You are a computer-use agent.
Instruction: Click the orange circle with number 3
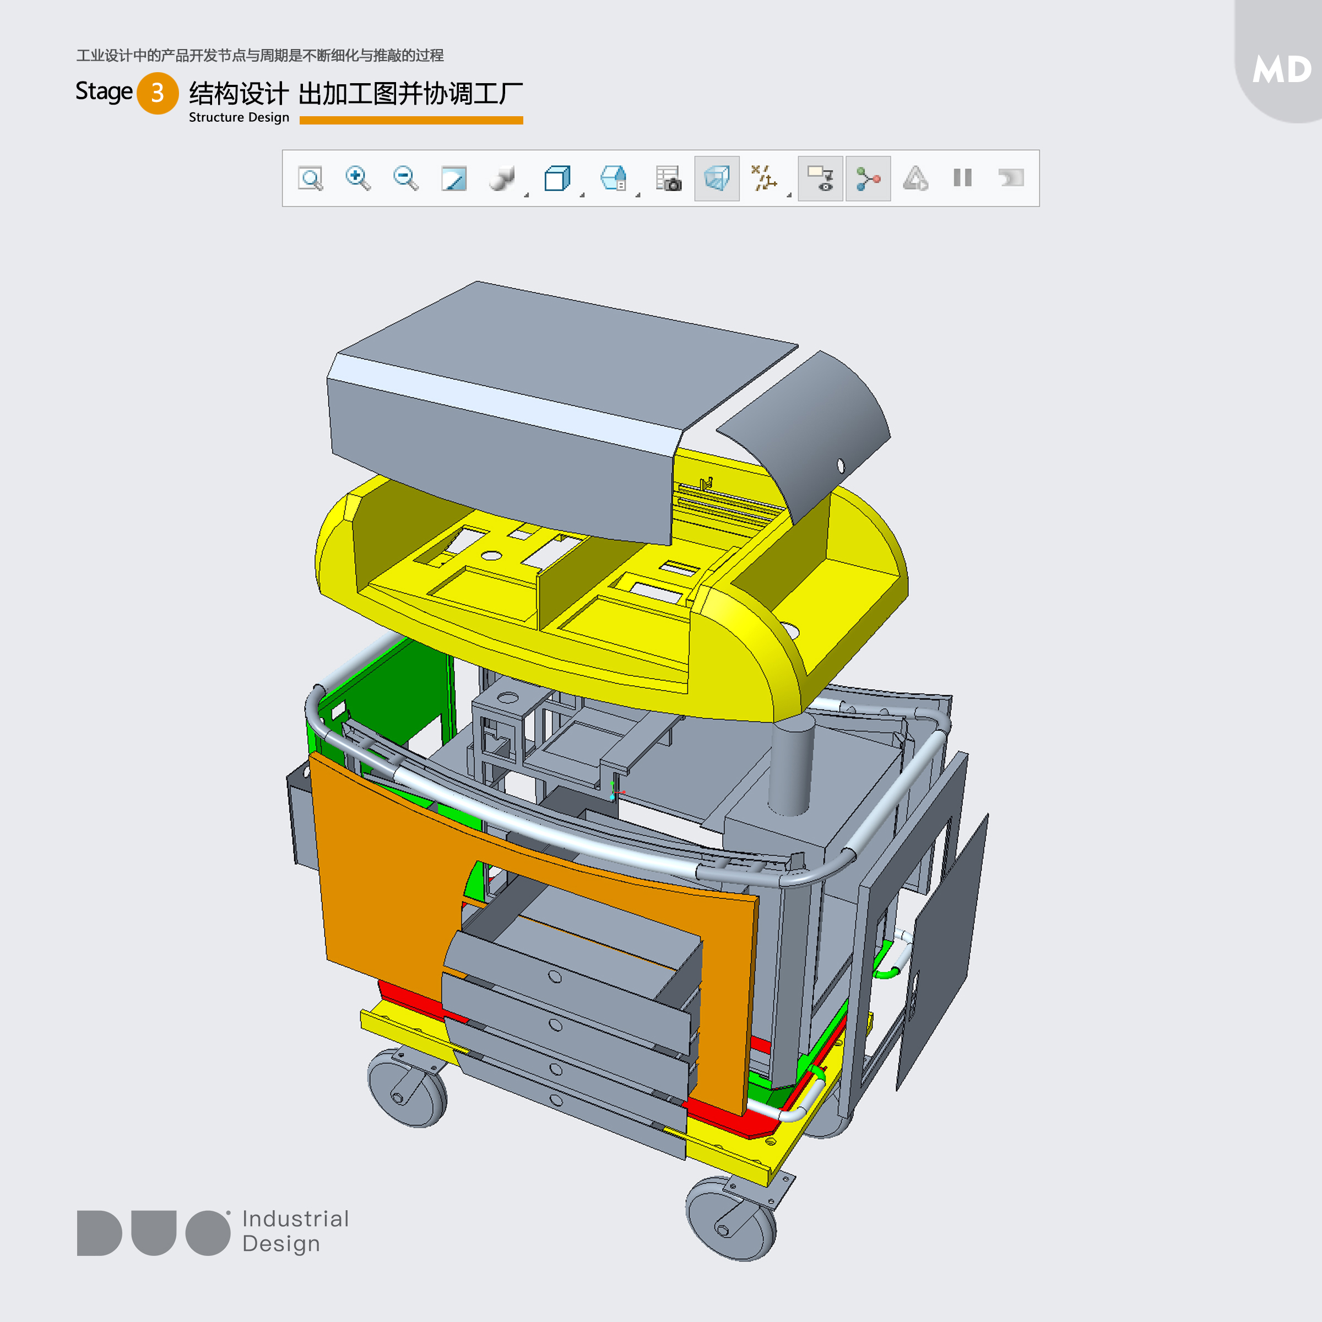(158, 93)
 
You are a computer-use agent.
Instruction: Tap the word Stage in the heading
(104, 91)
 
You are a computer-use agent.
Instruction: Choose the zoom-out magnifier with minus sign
(406, 178)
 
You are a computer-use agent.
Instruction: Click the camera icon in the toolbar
(669, 178)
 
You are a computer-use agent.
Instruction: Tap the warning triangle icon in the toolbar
(915, 178)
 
